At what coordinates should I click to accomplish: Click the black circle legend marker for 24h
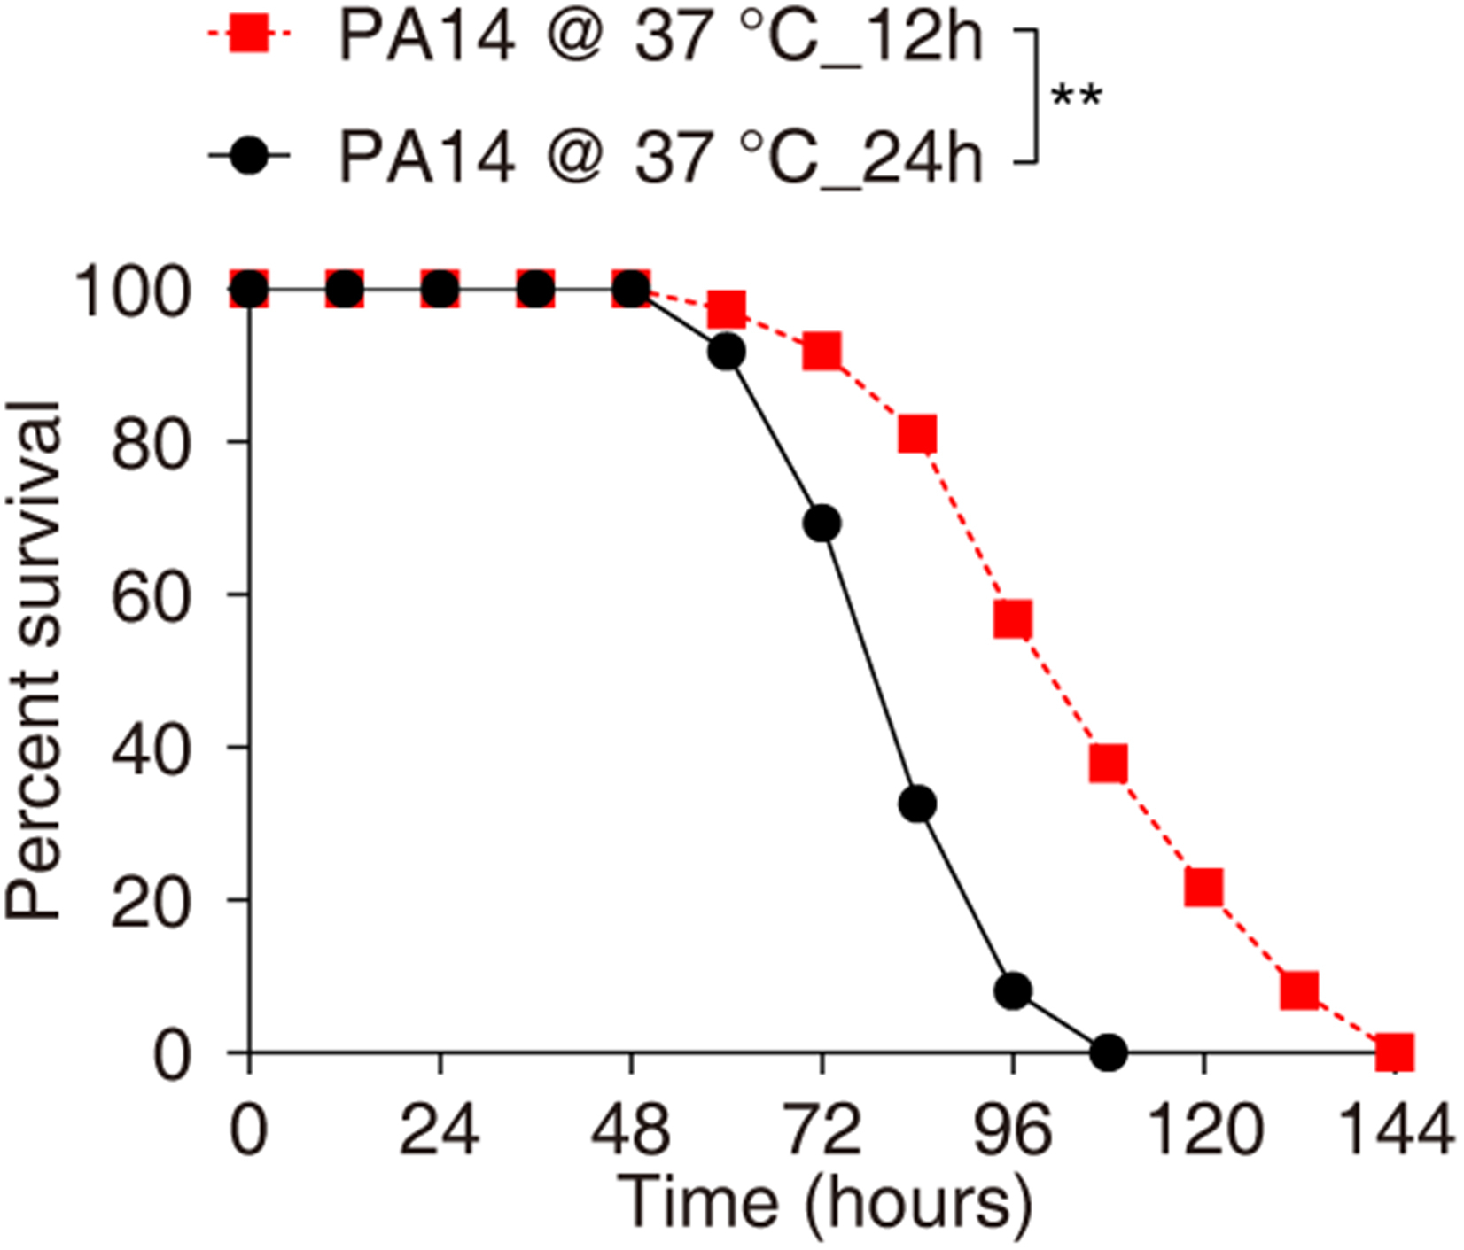[x=249, y=156]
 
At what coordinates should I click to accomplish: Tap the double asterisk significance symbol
[x=1076, y=96]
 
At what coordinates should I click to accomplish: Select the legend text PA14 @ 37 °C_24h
[x=660, y=156]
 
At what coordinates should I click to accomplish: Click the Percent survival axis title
[x=34, y=660]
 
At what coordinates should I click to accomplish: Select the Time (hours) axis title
[x=823, y=1202]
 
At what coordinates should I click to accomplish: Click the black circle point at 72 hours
[x=822, y=524]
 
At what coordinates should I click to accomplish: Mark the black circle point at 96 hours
[x=1013, y=991]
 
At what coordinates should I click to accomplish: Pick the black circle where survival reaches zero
[x=1109, y=1053]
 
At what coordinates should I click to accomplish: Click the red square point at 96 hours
[x=1013, y=619]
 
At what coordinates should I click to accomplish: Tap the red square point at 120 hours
[x=1203, y=887]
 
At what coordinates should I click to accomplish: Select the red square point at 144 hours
[x=1395, y=1053]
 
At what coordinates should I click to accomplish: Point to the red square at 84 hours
[x=917, y=435]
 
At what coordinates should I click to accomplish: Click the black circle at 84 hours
[x=917, y=804]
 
